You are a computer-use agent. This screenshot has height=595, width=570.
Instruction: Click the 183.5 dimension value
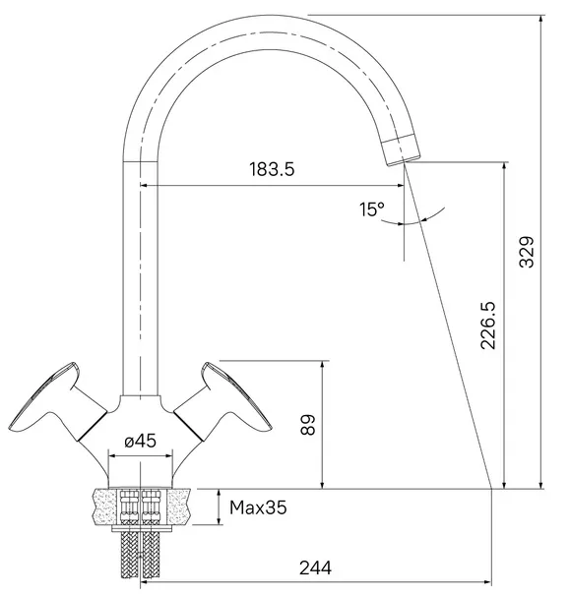click(272, 169)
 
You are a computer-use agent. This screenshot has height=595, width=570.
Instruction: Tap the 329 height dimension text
click(527, 252)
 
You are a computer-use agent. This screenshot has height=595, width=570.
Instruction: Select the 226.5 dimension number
click(488, 326)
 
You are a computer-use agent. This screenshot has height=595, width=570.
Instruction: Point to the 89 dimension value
click(307, 425)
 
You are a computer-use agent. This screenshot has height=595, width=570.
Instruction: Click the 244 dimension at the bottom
click(315, 568)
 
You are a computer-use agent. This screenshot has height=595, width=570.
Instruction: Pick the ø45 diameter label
click(140, 441)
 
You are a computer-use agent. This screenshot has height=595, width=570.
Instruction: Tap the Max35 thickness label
click(258, 507)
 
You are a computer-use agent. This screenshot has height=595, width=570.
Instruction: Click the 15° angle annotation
click(372, 209)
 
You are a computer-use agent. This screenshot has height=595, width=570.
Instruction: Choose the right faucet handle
click(222, 402)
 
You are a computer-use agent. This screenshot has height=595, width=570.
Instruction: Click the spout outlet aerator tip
click(401, 149)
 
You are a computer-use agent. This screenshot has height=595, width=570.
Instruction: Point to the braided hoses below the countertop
click(141, 555)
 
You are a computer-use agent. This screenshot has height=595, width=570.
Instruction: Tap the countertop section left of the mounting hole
click(105, 506)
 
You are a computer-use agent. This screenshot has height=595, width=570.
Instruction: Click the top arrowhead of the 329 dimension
click(541, 19)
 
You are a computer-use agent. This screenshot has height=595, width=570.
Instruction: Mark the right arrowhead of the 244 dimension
click(487, 581)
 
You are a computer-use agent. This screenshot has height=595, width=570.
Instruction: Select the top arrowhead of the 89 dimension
click(322, 365)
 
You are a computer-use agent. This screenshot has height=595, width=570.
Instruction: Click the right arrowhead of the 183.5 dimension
click(400, 186)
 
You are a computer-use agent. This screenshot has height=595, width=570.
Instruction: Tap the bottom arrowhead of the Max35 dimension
click(220, 520)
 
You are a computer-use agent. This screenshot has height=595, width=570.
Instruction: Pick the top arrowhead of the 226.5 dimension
click(504, 166)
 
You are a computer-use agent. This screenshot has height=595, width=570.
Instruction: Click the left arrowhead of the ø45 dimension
click(113, 455)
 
